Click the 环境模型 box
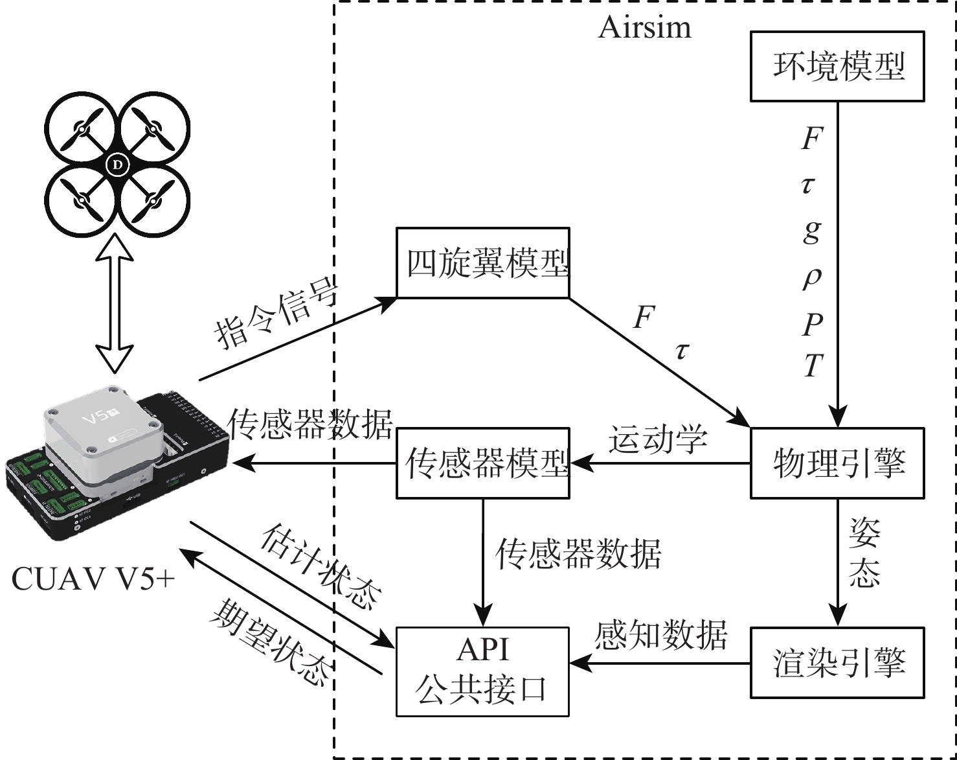tap(837, 67)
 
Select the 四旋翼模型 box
tap(483, 262)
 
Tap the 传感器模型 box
tap(483, 463)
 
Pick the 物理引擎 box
tap(837, 463)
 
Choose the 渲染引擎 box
tap(837, 662)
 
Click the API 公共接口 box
tap(483, 671)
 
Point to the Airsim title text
tap(644, 27)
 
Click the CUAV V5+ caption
tap(93, 579)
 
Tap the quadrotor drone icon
tap(117, 165)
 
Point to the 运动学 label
tap(657, 439)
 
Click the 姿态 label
tap(865, 552)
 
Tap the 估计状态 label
tap(321, 565)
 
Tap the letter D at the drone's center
tap(117, 165)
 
